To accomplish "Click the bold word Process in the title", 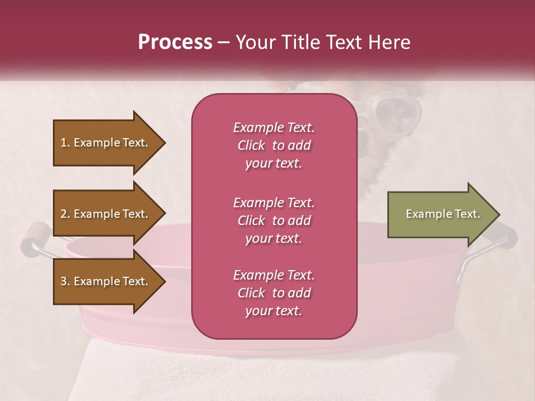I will click(x=175, y=42).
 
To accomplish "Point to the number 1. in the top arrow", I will click(x=65, y=143).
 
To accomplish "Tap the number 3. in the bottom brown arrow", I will click(x=65, y=281).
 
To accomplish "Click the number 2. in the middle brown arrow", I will click(x=65, y=214).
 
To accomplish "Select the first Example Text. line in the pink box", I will click(x=274, y=128).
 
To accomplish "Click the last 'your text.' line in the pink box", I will click(x=274, y=311).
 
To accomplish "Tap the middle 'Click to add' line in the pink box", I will click(x=274, y=221).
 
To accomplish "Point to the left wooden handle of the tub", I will click(x=35, y=237).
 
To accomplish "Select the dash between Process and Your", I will click(x=224, y=42).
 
